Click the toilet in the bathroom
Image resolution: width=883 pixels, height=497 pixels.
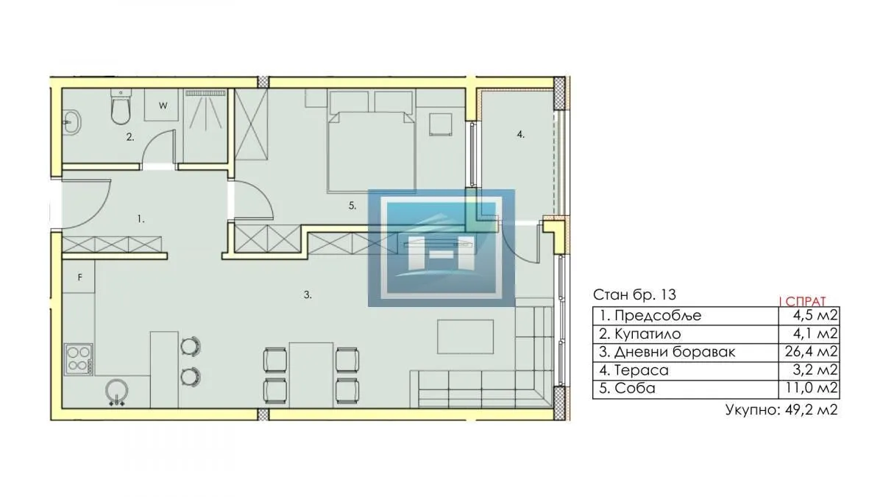point(120,107)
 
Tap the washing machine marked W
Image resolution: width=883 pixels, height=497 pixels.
point(163,105)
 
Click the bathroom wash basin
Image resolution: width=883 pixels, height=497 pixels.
point(71,122)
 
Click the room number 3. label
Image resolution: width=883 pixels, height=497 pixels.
point(308,295)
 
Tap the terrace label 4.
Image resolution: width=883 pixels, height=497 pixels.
point(520,135)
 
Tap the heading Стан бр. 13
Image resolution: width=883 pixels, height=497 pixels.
point(634,295)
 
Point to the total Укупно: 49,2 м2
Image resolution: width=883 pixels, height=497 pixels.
point(781,411)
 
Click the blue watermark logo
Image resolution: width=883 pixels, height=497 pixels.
point(441,247)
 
